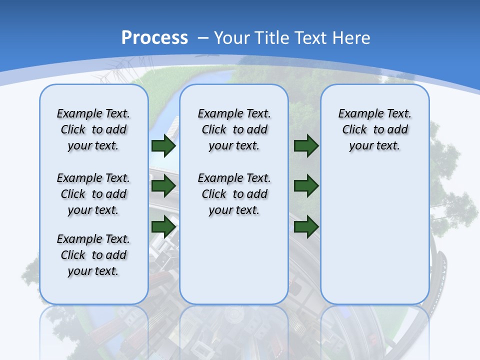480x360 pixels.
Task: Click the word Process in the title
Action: coord(154,38)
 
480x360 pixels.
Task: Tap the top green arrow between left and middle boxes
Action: coord(163,146)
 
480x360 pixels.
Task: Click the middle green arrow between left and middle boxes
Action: coord(163,186)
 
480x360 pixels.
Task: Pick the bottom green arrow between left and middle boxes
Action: coord(163,226)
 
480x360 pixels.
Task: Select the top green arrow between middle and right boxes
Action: coord(306,146)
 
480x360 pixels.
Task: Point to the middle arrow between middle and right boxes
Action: coord(306,186)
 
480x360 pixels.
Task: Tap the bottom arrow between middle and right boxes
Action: coord(306,226)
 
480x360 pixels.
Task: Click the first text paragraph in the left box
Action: coord(93,129)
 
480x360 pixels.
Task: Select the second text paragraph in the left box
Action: coord(93,194)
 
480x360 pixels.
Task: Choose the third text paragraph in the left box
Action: coord(93,255)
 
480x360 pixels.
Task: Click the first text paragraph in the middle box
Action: coord(234,129)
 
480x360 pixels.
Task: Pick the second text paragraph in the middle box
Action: coord(234,194)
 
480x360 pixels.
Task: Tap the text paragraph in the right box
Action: coord(375,129)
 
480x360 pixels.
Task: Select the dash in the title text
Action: coord(203,38)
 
